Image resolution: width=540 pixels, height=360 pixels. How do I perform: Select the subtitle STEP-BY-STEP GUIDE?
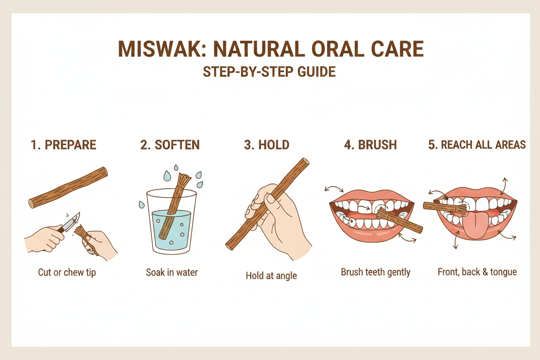click(x=269, y=72)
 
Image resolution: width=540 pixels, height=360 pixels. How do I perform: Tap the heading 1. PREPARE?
click(x=63, y=145)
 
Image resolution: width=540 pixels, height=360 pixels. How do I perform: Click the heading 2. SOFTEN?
click(x=170, y=145)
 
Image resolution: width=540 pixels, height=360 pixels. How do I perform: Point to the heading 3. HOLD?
click(x=267, y=145)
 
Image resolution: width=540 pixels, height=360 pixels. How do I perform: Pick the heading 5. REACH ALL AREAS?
click(x=477, y=145)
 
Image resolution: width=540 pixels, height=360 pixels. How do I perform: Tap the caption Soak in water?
click(x=172, y=273)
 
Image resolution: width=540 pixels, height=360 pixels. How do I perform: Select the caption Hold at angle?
click(x=271, y=276)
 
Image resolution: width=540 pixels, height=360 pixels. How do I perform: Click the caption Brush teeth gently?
click(x=376, y=273)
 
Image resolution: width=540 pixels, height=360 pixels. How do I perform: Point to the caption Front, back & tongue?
click(x=477, y=273)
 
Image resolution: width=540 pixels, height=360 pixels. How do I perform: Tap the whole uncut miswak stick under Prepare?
click(x=68, y=187)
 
